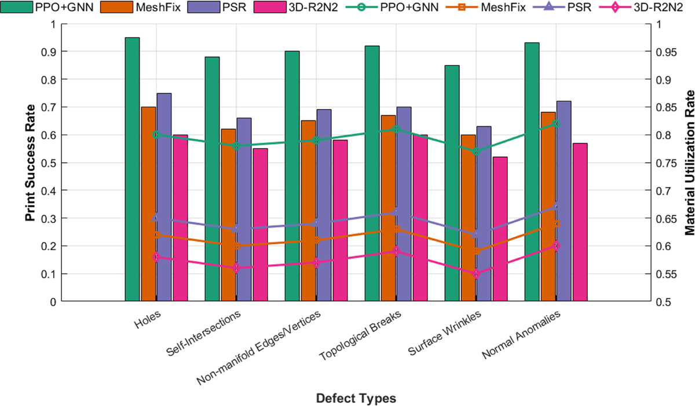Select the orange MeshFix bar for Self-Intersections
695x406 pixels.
click(x=228, y=214)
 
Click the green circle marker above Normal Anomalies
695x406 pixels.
click(x=555, y=123)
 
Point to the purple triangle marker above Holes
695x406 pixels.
click(x=156, y=218)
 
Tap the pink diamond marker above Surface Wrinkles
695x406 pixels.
click(x=476, y=274)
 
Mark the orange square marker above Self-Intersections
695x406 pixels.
click(x=236, y=246)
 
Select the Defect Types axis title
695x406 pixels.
click(x=356, y=398)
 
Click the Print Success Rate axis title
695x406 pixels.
click(x=29, y=162)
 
